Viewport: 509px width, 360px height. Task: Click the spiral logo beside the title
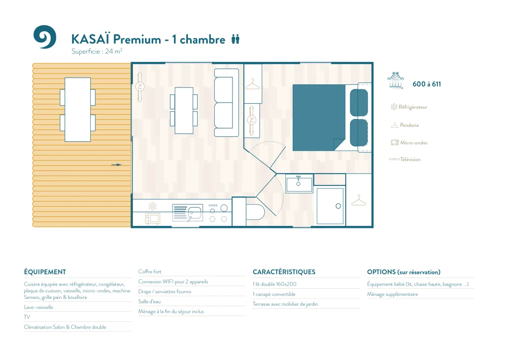[x=45, y=37]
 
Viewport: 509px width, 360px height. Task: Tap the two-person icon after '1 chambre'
[x=235, y=39]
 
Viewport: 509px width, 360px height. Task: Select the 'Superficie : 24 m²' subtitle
[x=97, y=51]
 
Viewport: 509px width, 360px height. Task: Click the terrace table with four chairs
[x=78, y=110]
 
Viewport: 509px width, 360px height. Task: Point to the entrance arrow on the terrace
[x=116, y=165]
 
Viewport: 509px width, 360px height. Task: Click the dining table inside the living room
[x=184, y=110]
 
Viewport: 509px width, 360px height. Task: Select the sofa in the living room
[x=227, y=103]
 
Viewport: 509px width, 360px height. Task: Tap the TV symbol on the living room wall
[x=140, y=87]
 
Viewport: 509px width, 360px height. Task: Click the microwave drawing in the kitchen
[x=152, y=219]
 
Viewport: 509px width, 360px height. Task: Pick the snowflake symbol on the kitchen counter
[x=152, y=206]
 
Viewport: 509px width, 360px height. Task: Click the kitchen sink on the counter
[x=187, y=213]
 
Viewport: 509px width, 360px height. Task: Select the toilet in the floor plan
[x=255, y=212]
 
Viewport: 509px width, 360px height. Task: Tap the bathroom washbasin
[x=299, y=184]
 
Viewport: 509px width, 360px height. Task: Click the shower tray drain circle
[x=338, y=206]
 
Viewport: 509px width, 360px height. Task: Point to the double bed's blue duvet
[x=319, y=118]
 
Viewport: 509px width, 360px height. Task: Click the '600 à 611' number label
[x=427, y=84]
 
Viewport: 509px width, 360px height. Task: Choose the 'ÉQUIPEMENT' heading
[x=45, y=272]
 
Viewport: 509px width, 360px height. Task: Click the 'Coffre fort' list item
[x=150, y=272]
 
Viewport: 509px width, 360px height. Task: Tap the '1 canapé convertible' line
[x=274, y=294]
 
